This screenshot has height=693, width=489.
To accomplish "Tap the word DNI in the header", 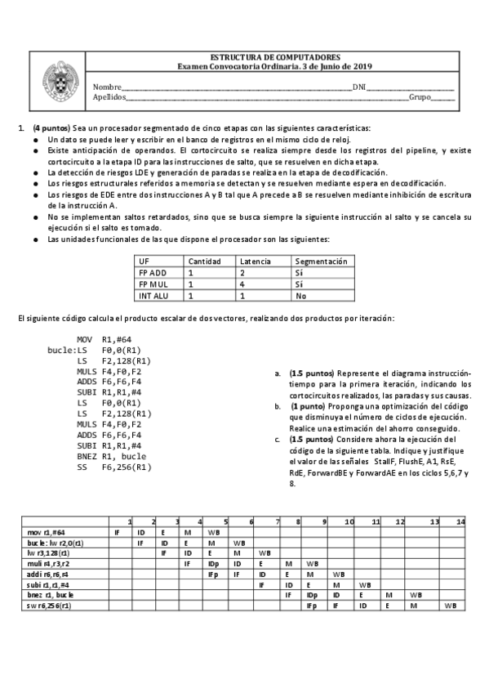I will [x=358, y=87].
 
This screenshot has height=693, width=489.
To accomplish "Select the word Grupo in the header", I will [x=419, y=96].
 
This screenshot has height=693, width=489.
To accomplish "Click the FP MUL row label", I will [x=153, y=284].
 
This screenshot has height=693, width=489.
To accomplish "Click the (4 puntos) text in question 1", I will [x=51, y=128].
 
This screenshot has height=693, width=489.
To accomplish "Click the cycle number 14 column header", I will [x=460, y=521].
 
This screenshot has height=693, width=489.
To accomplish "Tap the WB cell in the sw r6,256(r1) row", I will [x=451, y=606].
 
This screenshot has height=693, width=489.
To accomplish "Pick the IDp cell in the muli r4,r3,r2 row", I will [x=212, y=564].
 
